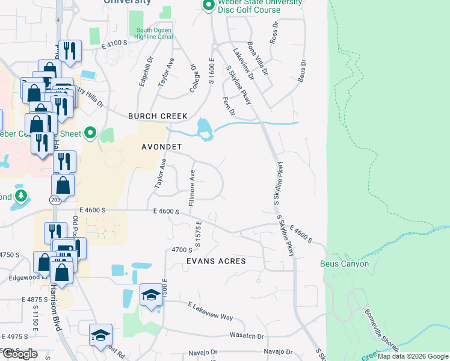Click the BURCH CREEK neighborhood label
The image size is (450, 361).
[158, 116]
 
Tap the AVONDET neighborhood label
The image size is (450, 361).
[161, 147]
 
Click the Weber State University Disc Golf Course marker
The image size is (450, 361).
[209, 6]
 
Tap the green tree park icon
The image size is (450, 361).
[21, 196]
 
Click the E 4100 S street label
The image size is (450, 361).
[116, 44]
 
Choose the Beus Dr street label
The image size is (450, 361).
[302, 70]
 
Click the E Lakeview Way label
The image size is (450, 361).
[210, 312]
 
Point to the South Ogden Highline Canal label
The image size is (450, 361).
[155, 34]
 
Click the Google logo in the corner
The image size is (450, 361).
[20, 354]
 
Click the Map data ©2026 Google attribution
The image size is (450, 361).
[413, 356]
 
